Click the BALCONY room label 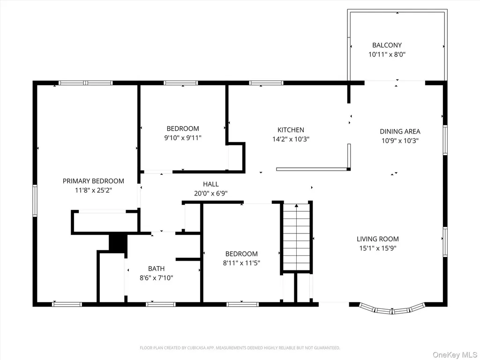pyautogui.click(x=387, y=45)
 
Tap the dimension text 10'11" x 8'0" pyautogui.click(x=387, y=54)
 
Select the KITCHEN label pyautogui.click(x=291, y=130)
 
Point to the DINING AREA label pyautogui.click(x=400, y=131)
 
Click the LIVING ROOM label pyautogui.click(x=378, y=239)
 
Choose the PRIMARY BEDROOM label pyautogui.click(x=93, y=181)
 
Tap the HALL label pyautogui.click(x=211, y=184)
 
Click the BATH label pyautogui.click(x=157, y=269)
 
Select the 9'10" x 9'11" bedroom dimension pyautogui.click(x=183, y=138)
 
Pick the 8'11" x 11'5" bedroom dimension pyautogui.click(x=241, y=262)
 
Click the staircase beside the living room pyautogui.click(x=296, y=237)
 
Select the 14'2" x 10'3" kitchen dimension pyautogui.click(x=291, y=139)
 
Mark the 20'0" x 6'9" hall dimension pyautogui.click(x=211, y=194)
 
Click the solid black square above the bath pyautogui.click(x=118, y=243)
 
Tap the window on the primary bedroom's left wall pyautogui.click(x=35, y=201)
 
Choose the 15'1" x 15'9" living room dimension pyautogui.click(x=378, y=248)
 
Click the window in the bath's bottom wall pyautogui.click(x=160, y=304)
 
